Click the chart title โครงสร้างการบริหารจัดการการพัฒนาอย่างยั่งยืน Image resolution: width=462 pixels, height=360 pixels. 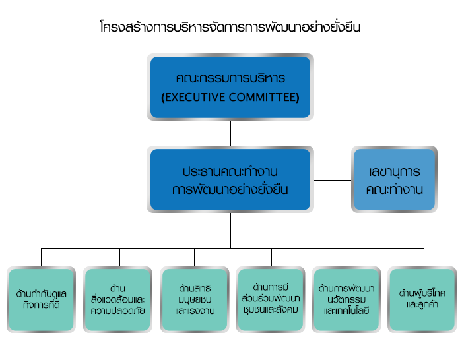pos(230,27)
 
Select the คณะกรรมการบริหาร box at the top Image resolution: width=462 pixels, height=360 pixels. pos(230,87)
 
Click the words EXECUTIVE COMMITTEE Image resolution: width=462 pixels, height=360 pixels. pos(230,97)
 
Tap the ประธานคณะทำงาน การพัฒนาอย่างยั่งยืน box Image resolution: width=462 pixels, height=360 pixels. pos(230,179)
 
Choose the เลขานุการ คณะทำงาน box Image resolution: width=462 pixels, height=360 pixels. pos(394,179)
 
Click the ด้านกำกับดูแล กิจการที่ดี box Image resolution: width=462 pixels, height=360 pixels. pos(41,299)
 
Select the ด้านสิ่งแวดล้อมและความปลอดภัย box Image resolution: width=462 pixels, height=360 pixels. pos(117,299)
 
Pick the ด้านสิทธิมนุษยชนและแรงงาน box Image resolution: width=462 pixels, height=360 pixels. pos(195,299)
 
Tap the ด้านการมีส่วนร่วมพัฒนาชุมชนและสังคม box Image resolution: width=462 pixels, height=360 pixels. pos(271,299)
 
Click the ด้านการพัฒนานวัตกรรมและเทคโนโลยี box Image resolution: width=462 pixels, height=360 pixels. pos(346,299)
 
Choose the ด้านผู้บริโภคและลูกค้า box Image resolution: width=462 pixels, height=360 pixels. pos(422,299)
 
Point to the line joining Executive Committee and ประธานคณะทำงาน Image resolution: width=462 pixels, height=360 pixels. pos(231,133)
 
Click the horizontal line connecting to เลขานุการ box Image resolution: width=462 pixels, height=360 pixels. pos(333,180)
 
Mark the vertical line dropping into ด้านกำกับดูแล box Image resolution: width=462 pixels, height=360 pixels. pos(41,258)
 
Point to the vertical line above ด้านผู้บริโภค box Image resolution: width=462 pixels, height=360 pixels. pos(424,258)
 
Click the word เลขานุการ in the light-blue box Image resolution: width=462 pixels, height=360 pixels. pos(394,171)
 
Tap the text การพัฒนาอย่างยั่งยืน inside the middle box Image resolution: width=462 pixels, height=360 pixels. pos(230,189)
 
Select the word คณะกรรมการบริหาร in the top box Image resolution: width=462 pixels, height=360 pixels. pos(230,78)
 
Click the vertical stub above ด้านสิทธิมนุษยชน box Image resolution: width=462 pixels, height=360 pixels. pos(195,258)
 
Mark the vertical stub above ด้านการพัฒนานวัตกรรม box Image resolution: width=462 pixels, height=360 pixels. pos(346,258)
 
